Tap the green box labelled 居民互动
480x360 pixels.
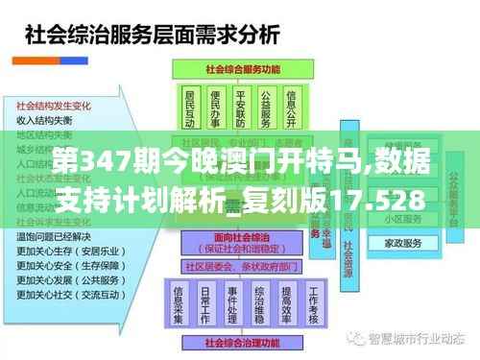coord(188,109)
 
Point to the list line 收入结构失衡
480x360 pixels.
coord(44,120)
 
